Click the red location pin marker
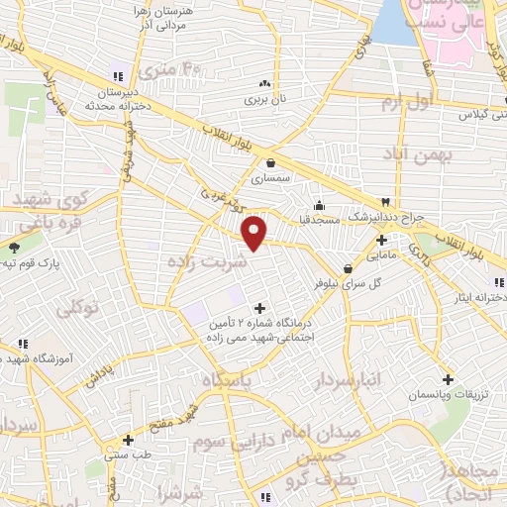click(256, 232)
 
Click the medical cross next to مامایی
click(381, 239)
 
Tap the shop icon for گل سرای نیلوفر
click(348, 267)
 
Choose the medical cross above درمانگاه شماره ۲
click(260, 307)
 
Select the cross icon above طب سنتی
click(127, 440)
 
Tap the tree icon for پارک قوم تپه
click(14, 248)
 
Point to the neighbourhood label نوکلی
click(78, 309)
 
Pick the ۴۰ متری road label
click(170, 68)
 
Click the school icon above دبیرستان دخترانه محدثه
click(117, 76)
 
